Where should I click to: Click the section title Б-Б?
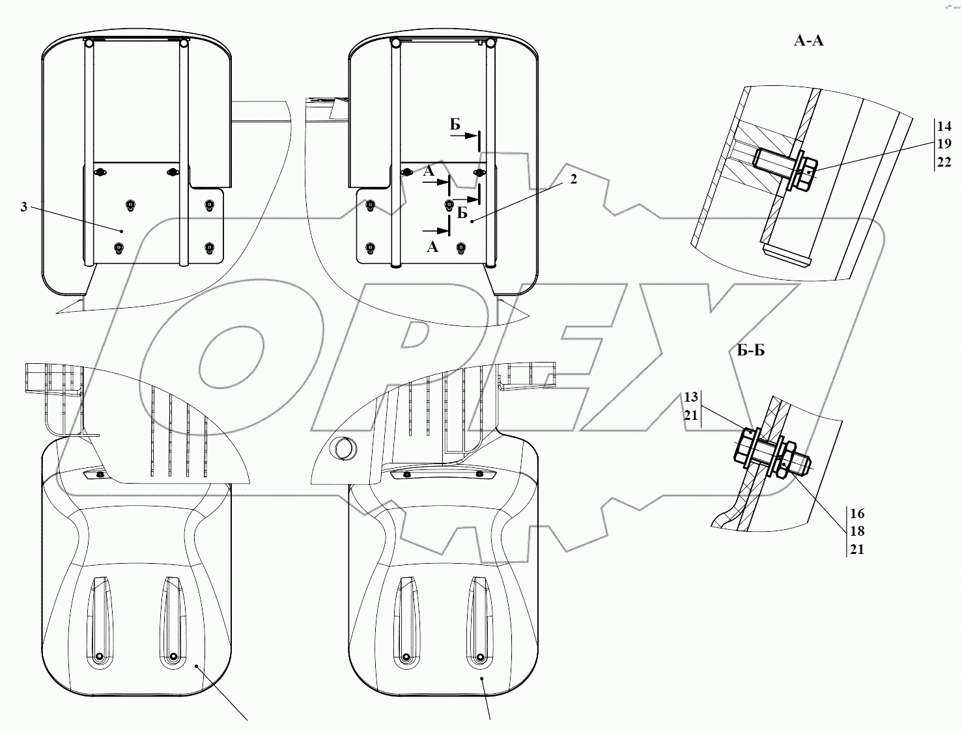tap(751, 350)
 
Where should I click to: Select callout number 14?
tap(944, 126)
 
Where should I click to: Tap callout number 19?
tap(944, 144)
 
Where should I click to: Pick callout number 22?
tap(944, 162)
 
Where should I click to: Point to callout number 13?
tap(690, 397)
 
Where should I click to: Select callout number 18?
tap(857, 531)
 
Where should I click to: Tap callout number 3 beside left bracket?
tap(23, 207)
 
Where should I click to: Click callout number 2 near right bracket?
tap(574, 179)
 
